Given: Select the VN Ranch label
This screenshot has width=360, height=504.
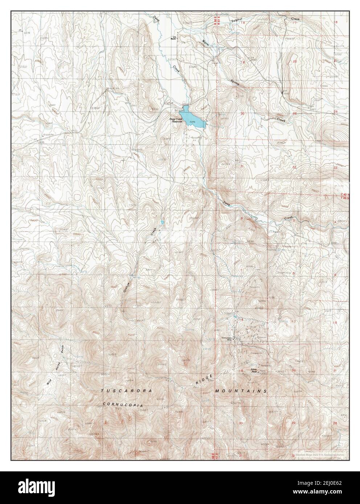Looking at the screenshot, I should [x=174, y=38].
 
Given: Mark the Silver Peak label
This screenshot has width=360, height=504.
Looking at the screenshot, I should [x=255, y=371].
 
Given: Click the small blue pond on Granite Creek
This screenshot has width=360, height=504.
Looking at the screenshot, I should [x=162, y=222].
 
